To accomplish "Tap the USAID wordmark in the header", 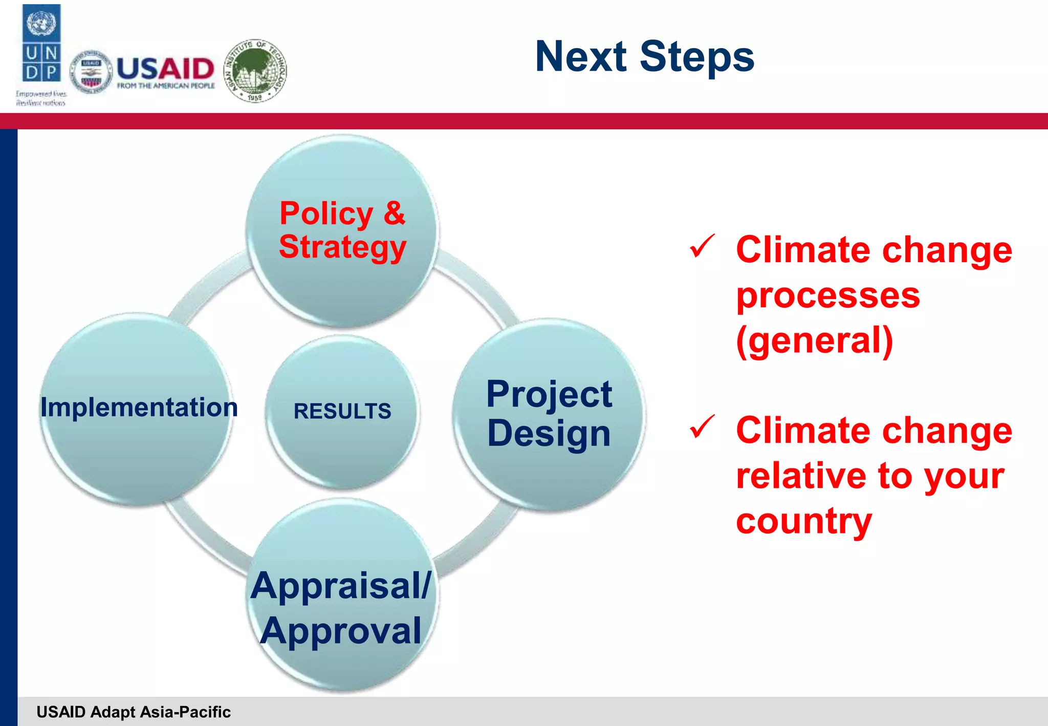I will pos(165,68).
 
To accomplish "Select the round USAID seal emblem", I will pos(91,72).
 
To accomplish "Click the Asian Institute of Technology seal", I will pos(255,70).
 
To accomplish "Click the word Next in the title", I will pos(580,56).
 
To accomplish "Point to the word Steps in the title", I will pos(697,57).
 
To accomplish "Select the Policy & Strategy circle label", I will pos(342,230).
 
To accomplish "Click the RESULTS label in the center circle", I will pos(342,411).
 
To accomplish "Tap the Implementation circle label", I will pos(139,408).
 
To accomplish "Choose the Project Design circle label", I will pos(549,414).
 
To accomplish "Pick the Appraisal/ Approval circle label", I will pos(341,608).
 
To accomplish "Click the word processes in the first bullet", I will pos(827,296).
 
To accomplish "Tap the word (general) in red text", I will pos(814,340).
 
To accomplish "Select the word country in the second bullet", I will pos(803,521).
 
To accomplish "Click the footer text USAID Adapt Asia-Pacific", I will pos(134,712).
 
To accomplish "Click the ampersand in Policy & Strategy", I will pos(394,213).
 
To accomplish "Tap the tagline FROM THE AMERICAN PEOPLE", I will pos(166,86).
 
